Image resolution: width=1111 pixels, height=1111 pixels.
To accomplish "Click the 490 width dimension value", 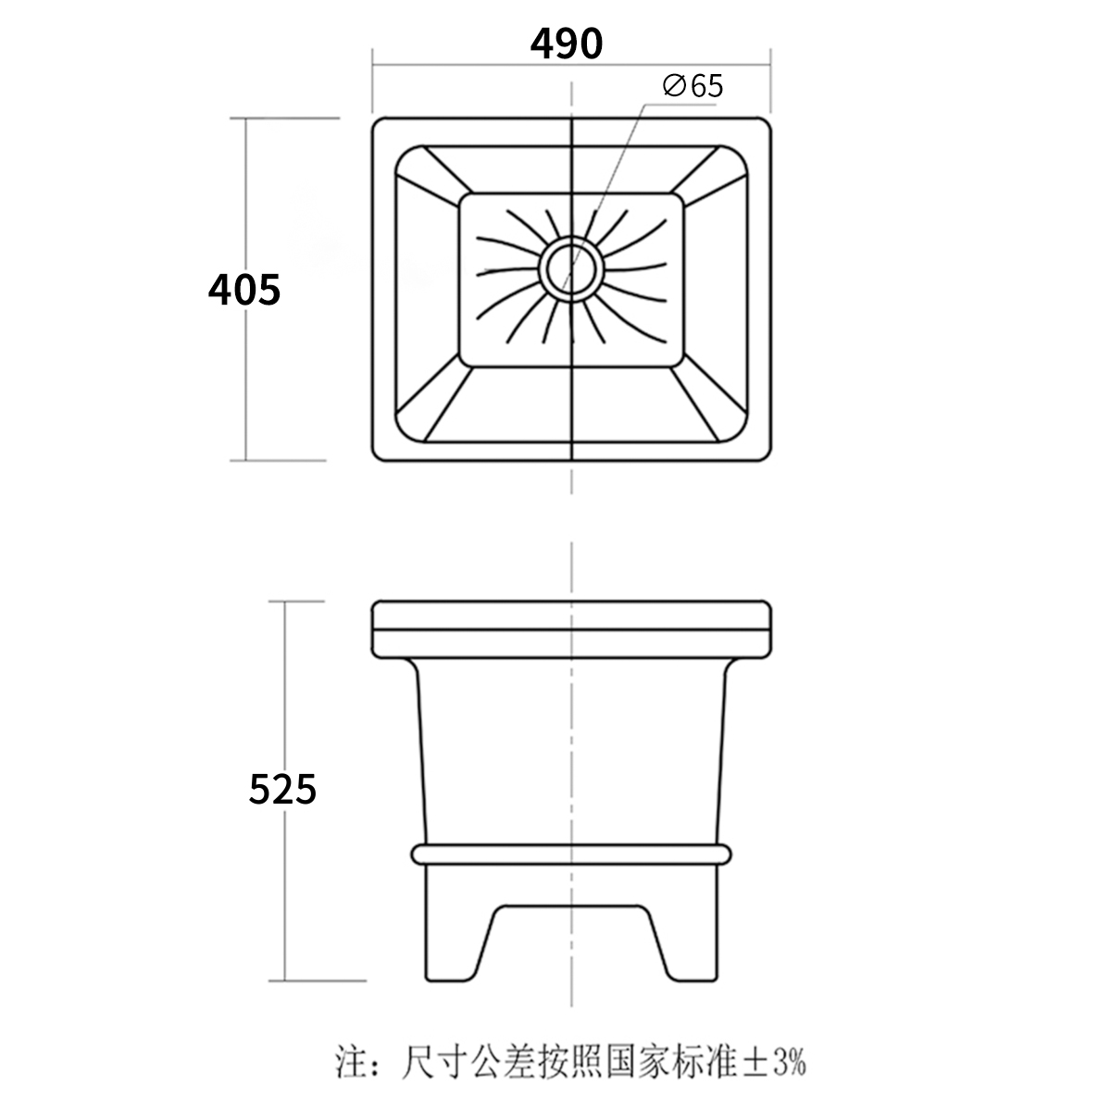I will pyautogui.click(x=567, y=44).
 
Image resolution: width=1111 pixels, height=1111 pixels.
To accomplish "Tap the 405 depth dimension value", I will pyautogui.click(x=244, y=290).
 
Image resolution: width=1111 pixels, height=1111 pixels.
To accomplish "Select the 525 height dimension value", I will pyautogui.click(x=283, y=789).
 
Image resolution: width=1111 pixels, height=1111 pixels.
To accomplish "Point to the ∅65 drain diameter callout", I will pyautogui.click(x=693, y=87).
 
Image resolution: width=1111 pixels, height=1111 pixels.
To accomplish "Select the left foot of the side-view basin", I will pyautogui.click(x=453, y=935).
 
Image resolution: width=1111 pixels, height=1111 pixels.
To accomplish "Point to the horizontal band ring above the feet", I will pyautogui.click(x=570, y=854).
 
